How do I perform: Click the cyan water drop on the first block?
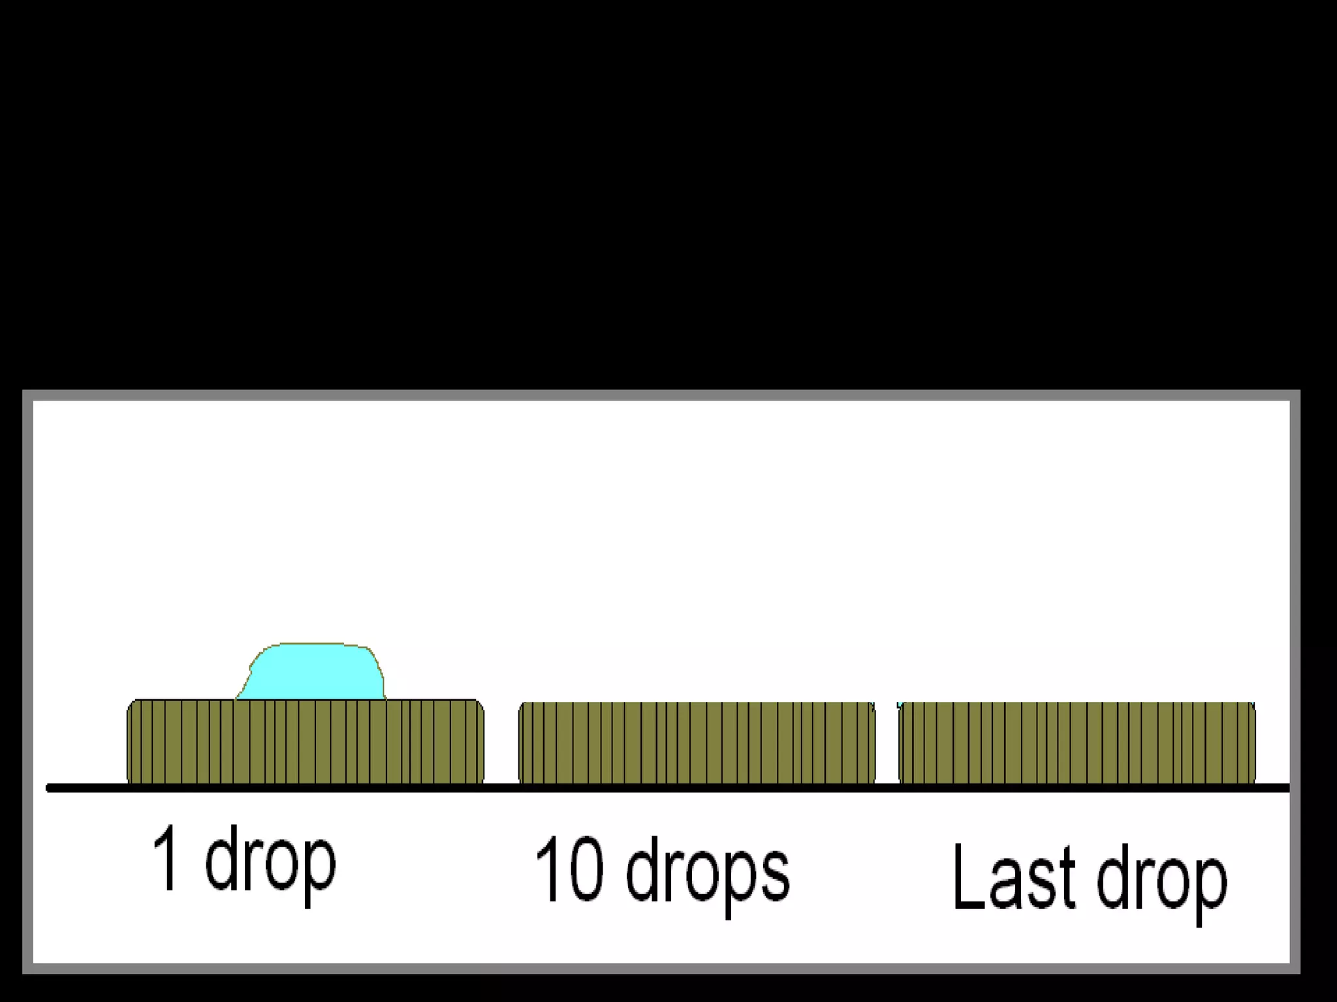312,672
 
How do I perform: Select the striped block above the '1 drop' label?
305,741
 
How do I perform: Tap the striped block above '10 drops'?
697,742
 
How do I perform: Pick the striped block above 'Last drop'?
1077,742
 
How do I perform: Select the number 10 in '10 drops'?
569,869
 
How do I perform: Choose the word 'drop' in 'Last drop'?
1161,881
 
